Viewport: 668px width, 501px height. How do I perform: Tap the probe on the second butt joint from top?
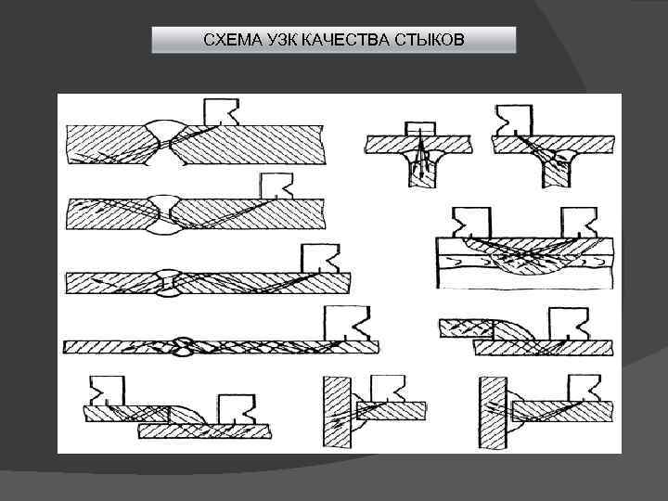pos(276,186)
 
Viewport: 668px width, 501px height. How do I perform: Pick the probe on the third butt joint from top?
pos(319,258)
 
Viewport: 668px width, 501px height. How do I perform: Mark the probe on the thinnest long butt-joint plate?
pos(349,324)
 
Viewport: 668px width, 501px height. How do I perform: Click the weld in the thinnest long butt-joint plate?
pos(183,347)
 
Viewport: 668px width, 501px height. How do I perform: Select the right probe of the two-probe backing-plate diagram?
pos(582,223)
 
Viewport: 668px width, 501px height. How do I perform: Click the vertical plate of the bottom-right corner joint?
pos(492,413)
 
